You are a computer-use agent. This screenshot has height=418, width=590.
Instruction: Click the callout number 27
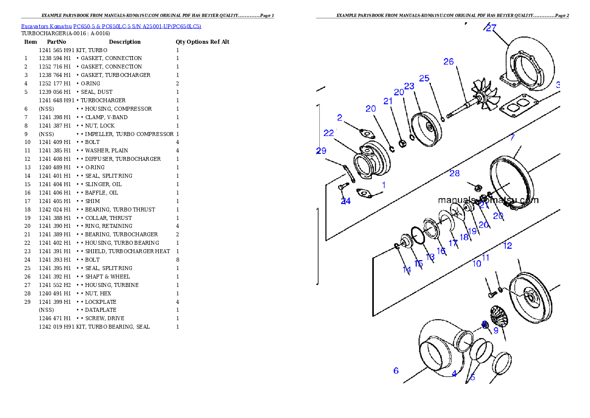click(x=491, y=28)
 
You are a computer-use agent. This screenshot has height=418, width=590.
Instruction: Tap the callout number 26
click(x=448, y=62)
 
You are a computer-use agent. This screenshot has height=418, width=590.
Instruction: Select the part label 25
click(x=424, y=78)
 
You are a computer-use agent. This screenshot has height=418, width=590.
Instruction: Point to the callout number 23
click(x=409, y=86)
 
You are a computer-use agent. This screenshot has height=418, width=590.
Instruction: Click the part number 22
click(x=329, y=133)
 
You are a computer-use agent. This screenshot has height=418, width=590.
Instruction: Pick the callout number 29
click(x=321, y=151)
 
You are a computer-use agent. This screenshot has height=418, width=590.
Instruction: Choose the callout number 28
click(x=454, y=173)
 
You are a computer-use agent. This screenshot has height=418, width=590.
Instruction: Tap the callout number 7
click(x=512, y=138)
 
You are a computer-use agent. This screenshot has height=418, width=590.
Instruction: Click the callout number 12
click(x=507, y=245)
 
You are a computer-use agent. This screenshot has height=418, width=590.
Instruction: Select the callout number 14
click(x=407, y=270)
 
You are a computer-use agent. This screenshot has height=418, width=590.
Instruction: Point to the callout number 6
click(x=396, y=370)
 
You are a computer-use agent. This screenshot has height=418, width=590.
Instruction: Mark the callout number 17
click(x=453, y=243)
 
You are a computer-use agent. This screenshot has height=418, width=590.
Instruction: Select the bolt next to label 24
click(x=341, y=187)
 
